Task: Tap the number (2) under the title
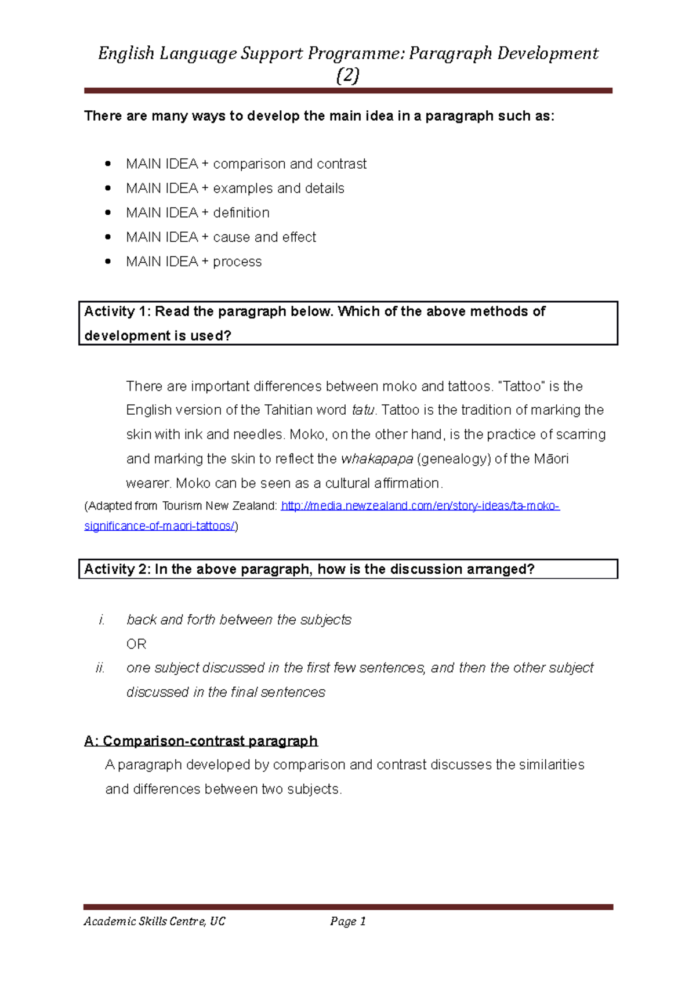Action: pos(348,76)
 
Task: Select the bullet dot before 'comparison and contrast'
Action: pos(108,164)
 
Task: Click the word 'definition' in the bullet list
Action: pos(241,213)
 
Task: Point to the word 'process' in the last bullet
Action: pos(237,262)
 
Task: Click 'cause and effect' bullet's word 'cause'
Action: pos(231,237)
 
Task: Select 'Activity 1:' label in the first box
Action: pos(117,312)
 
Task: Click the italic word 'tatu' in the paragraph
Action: pos(363,410)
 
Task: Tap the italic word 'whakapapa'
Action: pos(377,459)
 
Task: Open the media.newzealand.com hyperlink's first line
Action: pos(420,506)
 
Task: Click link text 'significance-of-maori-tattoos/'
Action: pos(159,526)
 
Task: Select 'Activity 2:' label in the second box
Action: pos(117,569)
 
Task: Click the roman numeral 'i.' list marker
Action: pos(102,620)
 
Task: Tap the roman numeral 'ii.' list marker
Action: pos(100,668)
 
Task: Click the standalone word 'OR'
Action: pos(136,644)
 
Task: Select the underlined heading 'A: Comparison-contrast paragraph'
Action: pos(201,741)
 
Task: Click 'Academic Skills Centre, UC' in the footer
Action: pos(154,921)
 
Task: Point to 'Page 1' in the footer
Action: pos(347,921)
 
